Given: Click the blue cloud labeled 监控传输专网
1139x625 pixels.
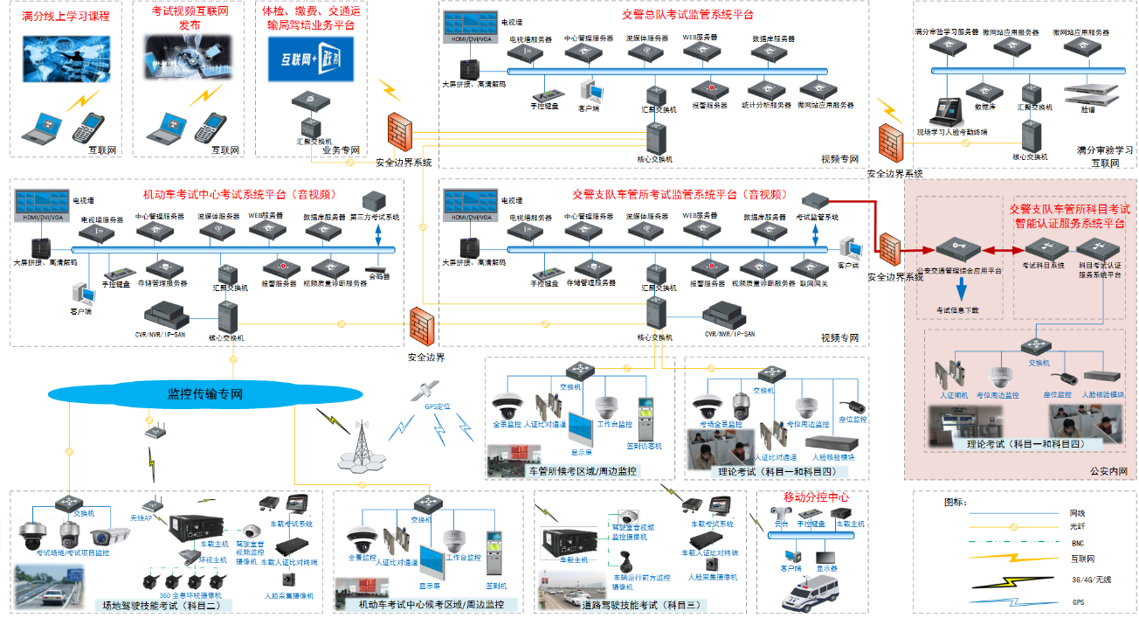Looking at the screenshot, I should click(204, 394).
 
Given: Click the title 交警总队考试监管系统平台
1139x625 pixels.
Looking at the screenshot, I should click(687, 15).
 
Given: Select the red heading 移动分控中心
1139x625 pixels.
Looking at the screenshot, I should click(815, 497).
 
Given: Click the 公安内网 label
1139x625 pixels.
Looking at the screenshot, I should click(1108, 471).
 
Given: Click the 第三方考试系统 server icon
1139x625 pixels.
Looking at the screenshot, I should click(375, 200).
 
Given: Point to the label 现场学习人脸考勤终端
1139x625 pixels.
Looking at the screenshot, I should click(958, 132).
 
